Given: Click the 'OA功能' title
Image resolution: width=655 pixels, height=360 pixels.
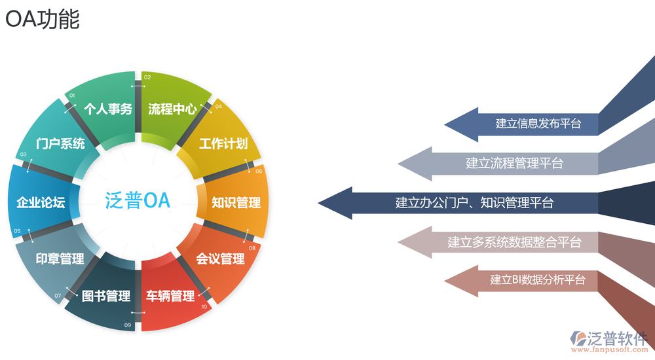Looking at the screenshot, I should tap(43, 20).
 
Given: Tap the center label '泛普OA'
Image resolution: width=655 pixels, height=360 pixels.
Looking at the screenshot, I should tap(138, 200).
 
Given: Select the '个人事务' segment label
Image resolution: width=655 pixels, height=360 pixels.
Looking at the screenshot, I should tap(109, 109).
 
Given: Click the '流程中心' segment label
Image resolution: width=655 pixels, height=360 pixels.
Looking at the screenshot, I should tap(172, 109).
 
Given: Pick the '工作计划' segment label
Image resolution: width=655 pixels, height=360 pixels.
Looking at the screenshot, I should tap(223, 144).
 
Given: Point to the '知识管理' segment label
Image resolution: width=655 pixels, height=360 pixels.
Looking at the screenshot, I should tap(236, 202).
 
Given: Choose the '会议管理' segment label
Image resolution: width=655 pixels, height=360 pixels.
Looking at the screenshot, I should tap(221, 259).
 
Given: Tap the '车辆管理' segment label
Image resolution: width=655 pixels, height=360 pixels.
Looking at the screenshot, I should tap(170, 296).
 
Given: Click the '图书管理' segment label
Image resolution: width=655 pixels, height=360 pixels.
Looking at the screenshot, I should tap(107, 296).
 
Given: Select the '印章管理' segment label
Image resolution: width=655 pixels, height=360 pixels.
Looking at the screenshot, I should tap(60, 259).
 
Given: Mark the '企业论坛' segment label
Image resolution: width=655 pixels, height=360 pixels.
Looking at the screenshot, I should tap(41, 202).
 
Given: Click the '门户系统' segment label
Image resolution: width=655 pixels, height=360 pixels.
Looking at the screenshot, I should tap(61, 144).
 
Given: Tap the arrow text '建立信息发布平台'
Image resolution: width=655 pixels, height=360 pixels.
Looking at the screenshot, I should tap(538, 123).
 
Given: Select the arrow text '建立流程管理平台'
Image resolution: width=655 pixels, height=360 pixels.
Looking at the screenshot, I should tap(515, 163).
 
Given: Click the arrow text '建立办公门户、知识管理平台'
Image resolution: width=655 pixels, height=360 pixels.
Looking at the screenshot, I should tap(474, 203).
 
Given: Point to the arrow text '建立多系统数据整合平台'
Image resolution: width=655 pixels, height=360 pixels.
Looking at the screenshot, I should tap(514, 242).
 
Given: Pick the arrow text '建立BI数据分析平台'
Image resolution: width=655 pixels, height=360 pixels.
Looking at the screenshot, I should tap(538, 280).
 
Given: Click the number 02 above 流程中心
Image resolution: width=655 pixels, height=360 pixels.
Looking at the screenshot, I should tap(147, 77).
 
